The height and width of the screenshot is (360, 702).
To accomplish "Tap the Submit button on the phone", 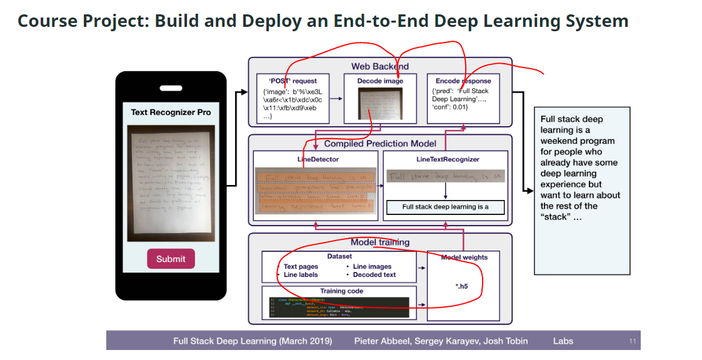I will click(171, 259).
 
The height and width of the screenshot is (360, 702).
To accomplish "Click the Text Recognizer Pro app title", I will click(171, 112).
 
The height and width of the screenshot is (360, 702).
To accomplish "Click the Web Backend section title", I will click(379, 66).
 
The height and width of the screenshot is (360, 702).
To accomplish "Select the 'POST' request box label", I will click(293, 81).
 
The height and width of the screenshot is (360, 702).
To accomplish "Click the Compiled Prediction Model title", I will click(380, 144).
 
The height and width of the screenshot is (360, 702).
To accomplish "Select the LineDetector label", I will click(318, 159).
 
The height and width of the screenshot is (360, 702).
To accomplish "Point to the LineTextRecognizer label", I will click(448, 159).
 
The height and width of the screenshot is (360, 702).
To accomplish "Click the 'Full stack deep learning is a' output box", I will click(445, 207).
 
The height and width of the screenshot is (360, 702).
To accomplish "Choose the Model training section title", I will click(380, 242).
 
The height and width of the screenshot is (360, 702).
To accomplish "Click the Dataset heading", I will click(339, 256).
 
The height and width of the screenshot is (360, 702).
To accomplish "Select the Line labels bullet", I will click(301, 274).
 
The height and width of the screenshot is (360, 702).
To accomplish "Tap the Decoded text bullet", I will click(374, 274).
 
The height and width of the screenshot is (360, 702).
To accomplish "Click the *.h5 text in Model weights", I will click(461, 286).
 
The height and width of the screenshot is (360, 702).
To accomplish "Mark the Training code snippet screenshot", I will click(338, 307).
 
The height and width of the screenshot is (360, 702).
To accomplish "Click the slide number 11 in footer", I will click(632, 341).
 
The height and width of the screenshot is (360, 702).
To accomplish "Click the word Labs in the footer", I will click(563, 341).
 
